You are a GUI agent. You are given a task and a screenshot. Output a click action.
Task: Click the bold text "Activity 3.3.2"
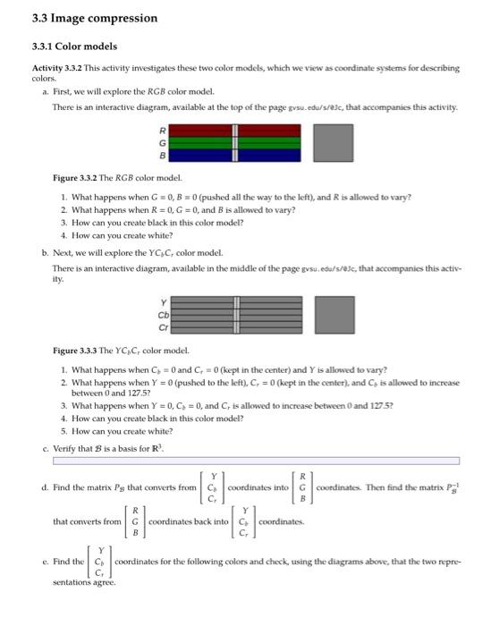point(58,68)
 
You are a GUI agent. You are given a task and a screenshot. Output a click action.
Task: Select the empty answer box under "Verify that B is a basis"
point(256,461)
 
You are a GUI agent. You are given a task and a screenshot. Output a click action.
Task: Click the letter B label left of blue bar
point(162,153)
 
